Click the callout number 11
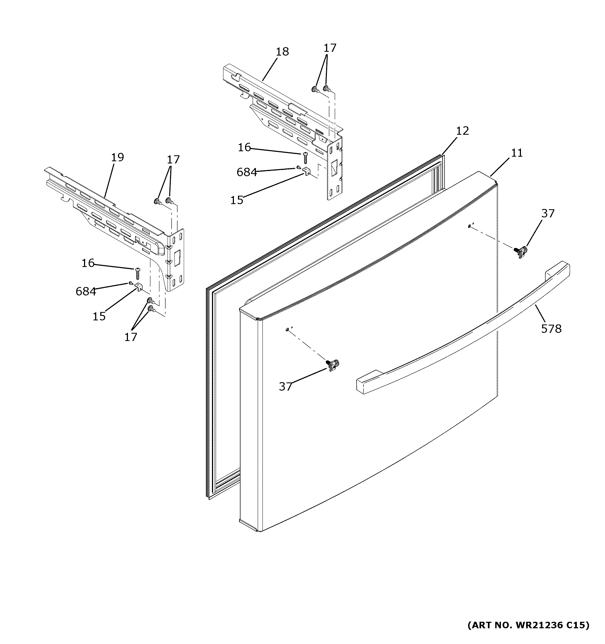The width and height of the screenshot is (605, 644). pyautogui.click(x=517, y=153)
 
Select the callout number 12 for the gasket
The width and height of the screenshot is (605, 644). pyautogui.click(x=462, y=131)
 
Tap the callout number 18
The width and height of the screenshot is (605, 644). pyautogui.click(x=282, y=52)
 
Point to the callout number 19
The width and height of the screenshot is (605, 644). pyautogui.click(x=117, y=157)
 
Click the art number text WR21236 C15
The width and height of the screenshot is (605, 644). pyautogui.click(x=528, y=634)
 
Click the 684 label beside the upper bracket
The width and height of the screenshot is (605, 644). pyautogui.click(x=246, y=172)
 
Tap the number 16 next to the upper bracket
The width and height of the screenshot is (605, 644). pyautogui.click(x=244, y=148)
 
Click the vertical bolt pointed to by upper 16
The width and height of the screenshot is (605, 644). pyautogui.click(x=305, y=158)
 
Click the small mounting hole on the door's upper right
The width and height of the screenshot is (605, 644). pyautogui.click(x=469, y=226)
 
